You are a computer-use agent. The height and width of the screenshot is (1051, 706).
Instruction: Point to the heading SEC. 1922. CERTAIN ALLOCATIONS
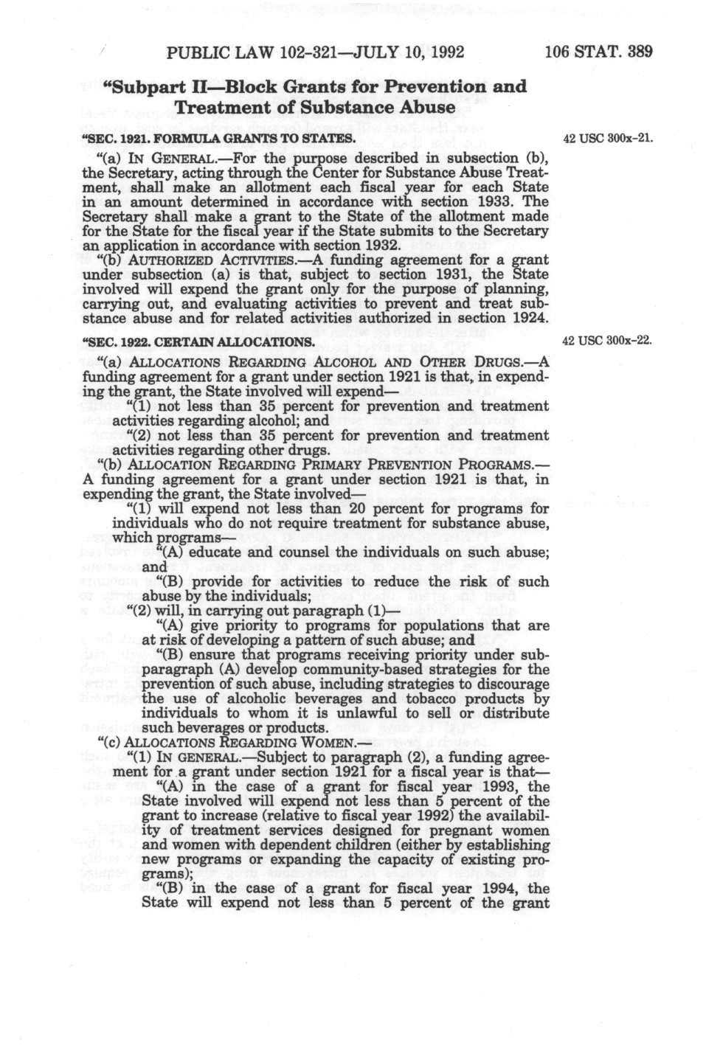(200, 342)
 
